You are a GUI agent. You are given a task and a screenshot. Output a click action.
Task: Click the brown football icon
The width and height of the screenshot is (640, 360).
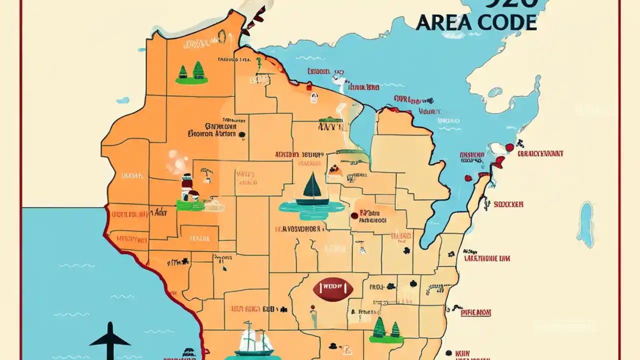point(333,288)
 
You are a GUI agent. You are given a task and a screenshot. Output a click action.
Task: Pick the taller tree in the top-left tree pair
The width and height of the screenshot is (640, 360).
point(198,70)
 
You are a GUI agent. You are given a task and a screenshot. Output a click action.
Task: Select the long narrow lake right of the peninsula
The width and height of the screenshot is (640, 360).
point(585,224)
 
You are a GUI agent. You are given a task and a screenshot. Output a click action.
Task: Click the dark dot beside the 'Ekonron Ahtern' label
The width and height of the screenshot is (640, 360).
point(242,134)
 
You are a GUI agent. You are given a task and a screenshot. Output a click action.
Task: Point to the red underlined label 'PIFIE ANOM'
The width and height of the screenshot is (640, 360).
point(475,312)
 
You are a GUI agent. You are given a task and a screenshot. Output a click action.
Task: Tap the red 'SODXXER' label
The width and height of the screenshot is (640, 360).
point(508,204)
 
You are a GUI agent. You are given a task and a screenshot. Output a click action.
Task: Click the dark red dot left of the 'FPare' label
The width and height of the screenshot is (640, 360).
point(354,215)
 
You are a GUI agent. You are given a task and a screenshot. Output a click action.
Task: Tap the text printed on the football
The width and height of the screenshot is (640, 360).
point(333,288)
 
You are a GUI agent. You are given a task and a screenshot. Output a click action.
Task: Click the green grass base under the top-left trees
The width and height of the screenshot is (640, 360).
point(191,80)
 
